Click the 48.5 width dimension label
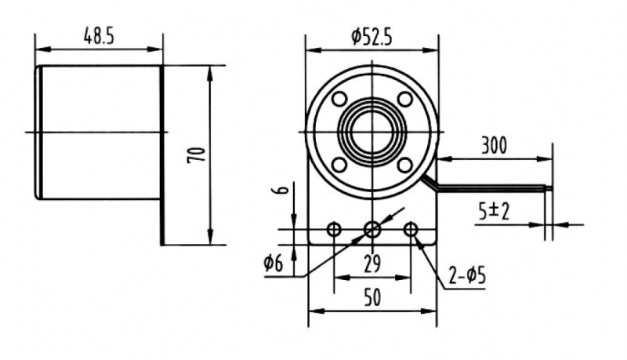[x=99, y=36]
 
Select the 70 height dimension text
[x=197, y=155]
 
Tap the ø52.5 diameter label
[x=371, y=37]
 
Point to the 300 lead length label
[x=494, y=146]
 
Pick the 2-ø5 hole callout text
[x=467, y=275]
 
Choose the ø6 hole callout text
[x=274, y=263]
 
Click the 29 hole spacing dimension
[x=372, y=264]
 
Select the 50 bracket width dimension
[x=372, y=297]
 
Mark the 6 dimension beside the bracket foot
[x=283, y=188]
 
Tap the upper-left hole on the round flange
[x=339, y=98]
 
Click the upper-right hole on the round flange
[x=404, y=98]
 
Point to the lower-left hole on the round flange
[x=339, y=165]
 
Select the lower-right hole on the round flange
[x=404, y=165]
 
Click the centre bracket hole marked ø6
[x=372, y=230]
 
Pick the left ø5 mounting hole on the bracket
[x=334, y=230]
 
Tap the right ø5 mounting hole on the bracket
[x=411, y=230]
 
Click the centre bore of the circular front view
[x=372, y=132]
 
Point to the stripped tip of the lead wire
[x=548, y=187]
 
